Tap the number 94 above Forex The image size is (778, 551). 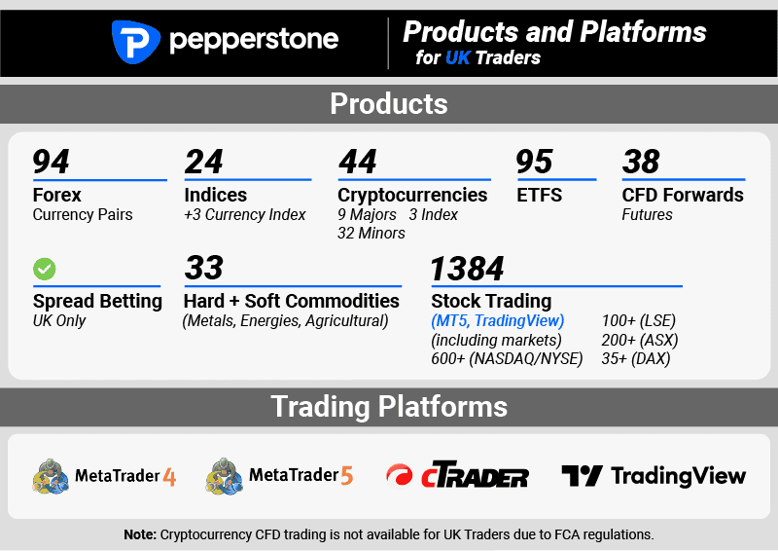click(x=52, y=161)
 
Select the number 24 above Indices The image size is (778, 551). click(x=203, y=161)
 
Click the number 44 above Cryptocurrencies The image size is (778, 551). click(x=357, y=161)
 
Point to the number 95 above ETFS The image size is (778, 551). click(x=534, y=161)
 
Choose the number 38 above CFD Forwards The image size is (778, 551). click(x=641, y=161)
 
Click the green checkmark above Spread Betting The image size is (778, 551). click(x=44, y=269)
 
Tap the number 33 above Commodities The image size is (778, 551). click(x=203, y=268)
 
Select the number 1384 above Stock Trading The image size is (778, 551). click(x=467, y=268)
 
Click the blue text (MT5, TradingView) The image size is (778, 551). click(x=498, y=321)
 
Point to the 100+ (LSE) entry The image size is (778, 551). click(x=639, y=321)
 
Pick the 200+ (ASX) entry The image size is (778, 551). click(x=640, y=340)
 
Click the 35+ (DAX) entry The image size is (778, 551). click(x=636, y=359)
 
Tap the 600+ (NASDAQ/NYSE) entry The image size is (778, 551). click(x=506, y=359)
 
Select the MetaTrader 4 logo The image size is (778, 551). click(x=104, y=476)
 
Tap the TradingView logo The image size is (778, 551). click(x=654, y=476)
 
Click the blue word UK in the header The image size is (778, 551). click(x=457, y=58)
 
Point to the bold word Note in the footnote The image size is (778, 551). click(x=140, y=534)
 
